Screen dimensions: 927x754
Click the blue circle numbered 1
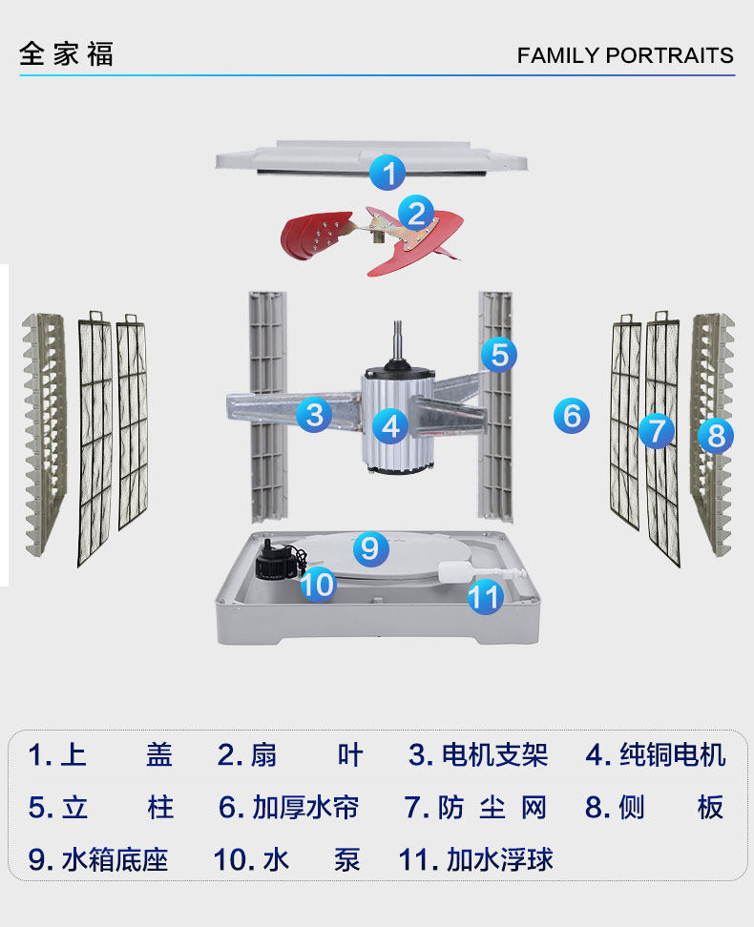click(387, 174)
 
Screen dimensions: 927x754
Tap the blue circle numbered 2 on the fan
click(416, 213)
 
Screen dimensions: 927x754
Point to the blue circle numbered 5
click(498, 355)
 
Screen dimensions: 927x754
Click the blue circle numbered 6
click(571, 415)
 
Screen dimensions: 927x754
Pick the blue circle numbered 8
click(716, 436)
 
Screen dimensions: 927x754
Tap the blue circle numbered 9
click(370, 547)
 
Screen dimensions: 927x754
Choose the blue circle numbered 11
click(485, 597)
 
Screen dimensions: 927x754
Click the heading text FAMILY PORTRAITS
click(625, 55)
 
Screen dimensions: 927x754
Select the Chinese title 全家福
click(66, 53)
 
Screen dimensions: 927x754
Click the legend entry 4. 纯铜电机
click(656, 755)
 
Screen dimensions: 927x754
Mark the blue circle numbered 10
click(318, 583)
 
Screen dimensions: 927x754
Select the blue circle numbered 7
click(656, 430)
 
